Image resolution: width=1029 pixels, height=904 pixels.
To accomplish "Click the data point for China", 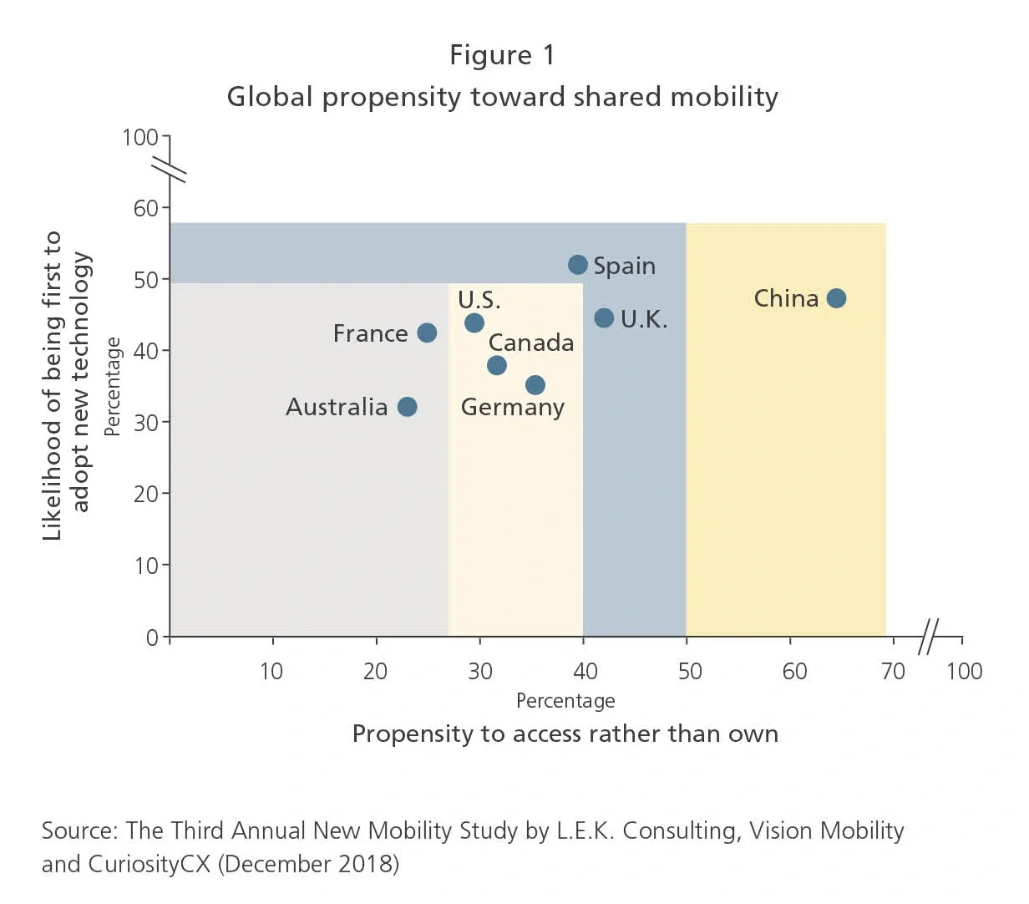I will point(836,298).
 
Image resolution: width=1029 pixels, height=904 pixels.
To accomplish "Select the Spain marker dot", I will point(578,265).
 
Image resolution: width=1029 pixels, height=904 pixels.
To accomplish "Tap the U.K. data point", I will point(604,318).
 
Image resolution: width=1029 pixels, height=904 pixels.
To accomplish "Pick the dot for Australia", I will point(407,407).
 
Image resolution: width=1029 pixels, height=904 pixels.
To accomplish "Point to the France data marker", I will point(427,333).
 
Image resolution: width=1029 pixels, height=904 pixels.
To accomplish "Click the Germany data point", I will point(535,385).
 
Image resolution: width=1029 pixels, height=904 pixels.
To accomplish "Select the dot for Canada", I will point(497,365).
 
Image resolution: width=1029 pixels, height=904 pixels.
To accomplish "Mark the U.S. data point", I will point(474,322).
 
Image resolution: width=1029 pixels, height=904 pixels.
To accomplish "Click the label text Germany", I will point(512,408).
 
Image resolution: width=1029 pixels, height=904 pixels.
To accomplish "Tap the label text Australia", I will point(337,407).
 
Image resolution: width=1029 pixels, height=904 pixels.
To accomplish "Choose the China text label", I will point(786,298).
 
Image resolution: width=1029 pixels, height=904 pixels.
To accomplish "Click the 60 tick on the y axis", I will point(146,208).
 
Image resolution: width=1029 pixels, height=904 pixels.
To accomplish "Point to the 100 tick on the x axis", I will point(964,671).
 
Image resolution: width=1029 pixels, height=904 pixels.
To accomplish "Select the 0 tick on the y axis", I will point(152,637).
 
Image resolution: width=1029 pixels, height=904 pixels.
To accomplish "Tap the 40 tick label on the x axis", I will point(585,671).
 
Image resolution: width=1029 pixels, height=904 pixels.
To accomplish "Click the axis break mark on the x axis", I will point(928,637).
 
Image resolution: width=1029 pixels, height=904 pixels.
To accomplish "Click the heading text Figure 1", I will point(502,55).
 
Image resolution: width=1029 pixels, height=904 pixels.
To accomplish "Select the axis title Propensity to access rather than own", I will point(565,734).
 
